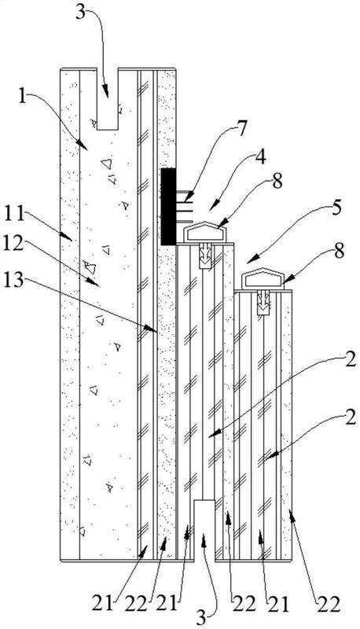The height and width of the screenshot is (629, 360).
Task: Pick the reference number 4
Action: [261, 158]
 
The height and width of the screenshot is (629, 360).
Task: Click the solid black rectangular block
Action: [168, 207]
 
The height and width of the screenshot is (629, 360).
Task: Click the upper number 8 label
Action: [277, 182]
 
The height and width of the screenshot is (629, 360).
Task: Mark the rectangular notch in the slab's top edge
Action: [108, 99]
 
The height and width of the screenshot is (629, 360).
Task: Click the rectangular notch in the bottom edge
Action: [205, 530]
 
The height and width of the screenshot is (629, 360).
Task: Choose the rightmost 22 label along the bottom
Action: [329, 604]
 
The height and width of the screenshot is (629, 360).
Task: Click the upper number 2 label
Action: [350, 360]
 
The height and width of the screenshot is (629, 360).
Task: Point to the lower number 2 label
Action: [350, 417]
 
